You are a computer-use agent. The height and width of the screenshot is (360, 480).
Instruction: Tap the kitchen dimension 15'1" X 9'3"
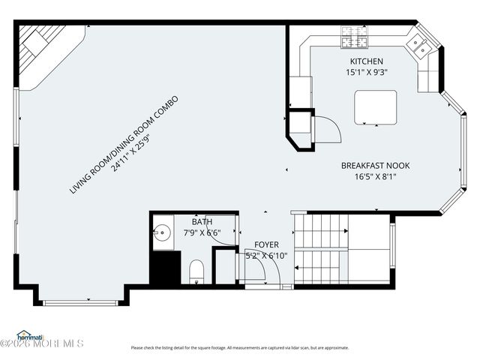(367, 73)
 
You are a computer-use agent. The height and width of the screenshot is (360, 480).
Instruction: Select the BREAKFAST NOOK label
(375, 166)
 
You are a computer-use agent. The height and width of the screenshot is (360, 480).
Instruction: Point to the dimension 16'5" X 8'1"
(375, 177)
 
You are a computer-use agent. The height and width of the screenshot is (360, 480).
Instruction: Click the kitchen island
(376, 106)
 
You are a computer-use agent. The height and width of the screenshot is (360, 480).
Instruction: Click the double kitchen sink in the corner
(420, 46)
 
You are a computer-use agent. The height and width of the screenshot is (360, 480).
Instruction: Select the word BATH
(202, 222)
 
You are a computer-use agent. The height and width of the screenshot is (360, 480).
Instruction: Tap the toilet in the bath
(196, 270)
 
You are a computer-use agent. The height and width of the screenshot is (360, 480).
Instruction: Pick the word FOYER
(266, 244)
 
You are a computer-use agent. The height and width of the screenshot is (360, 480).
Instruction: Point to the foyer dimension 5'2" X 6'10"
(266, 256)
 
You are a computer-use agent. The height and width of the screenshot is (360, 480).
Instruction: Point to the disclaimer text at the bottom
(240, 347)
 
